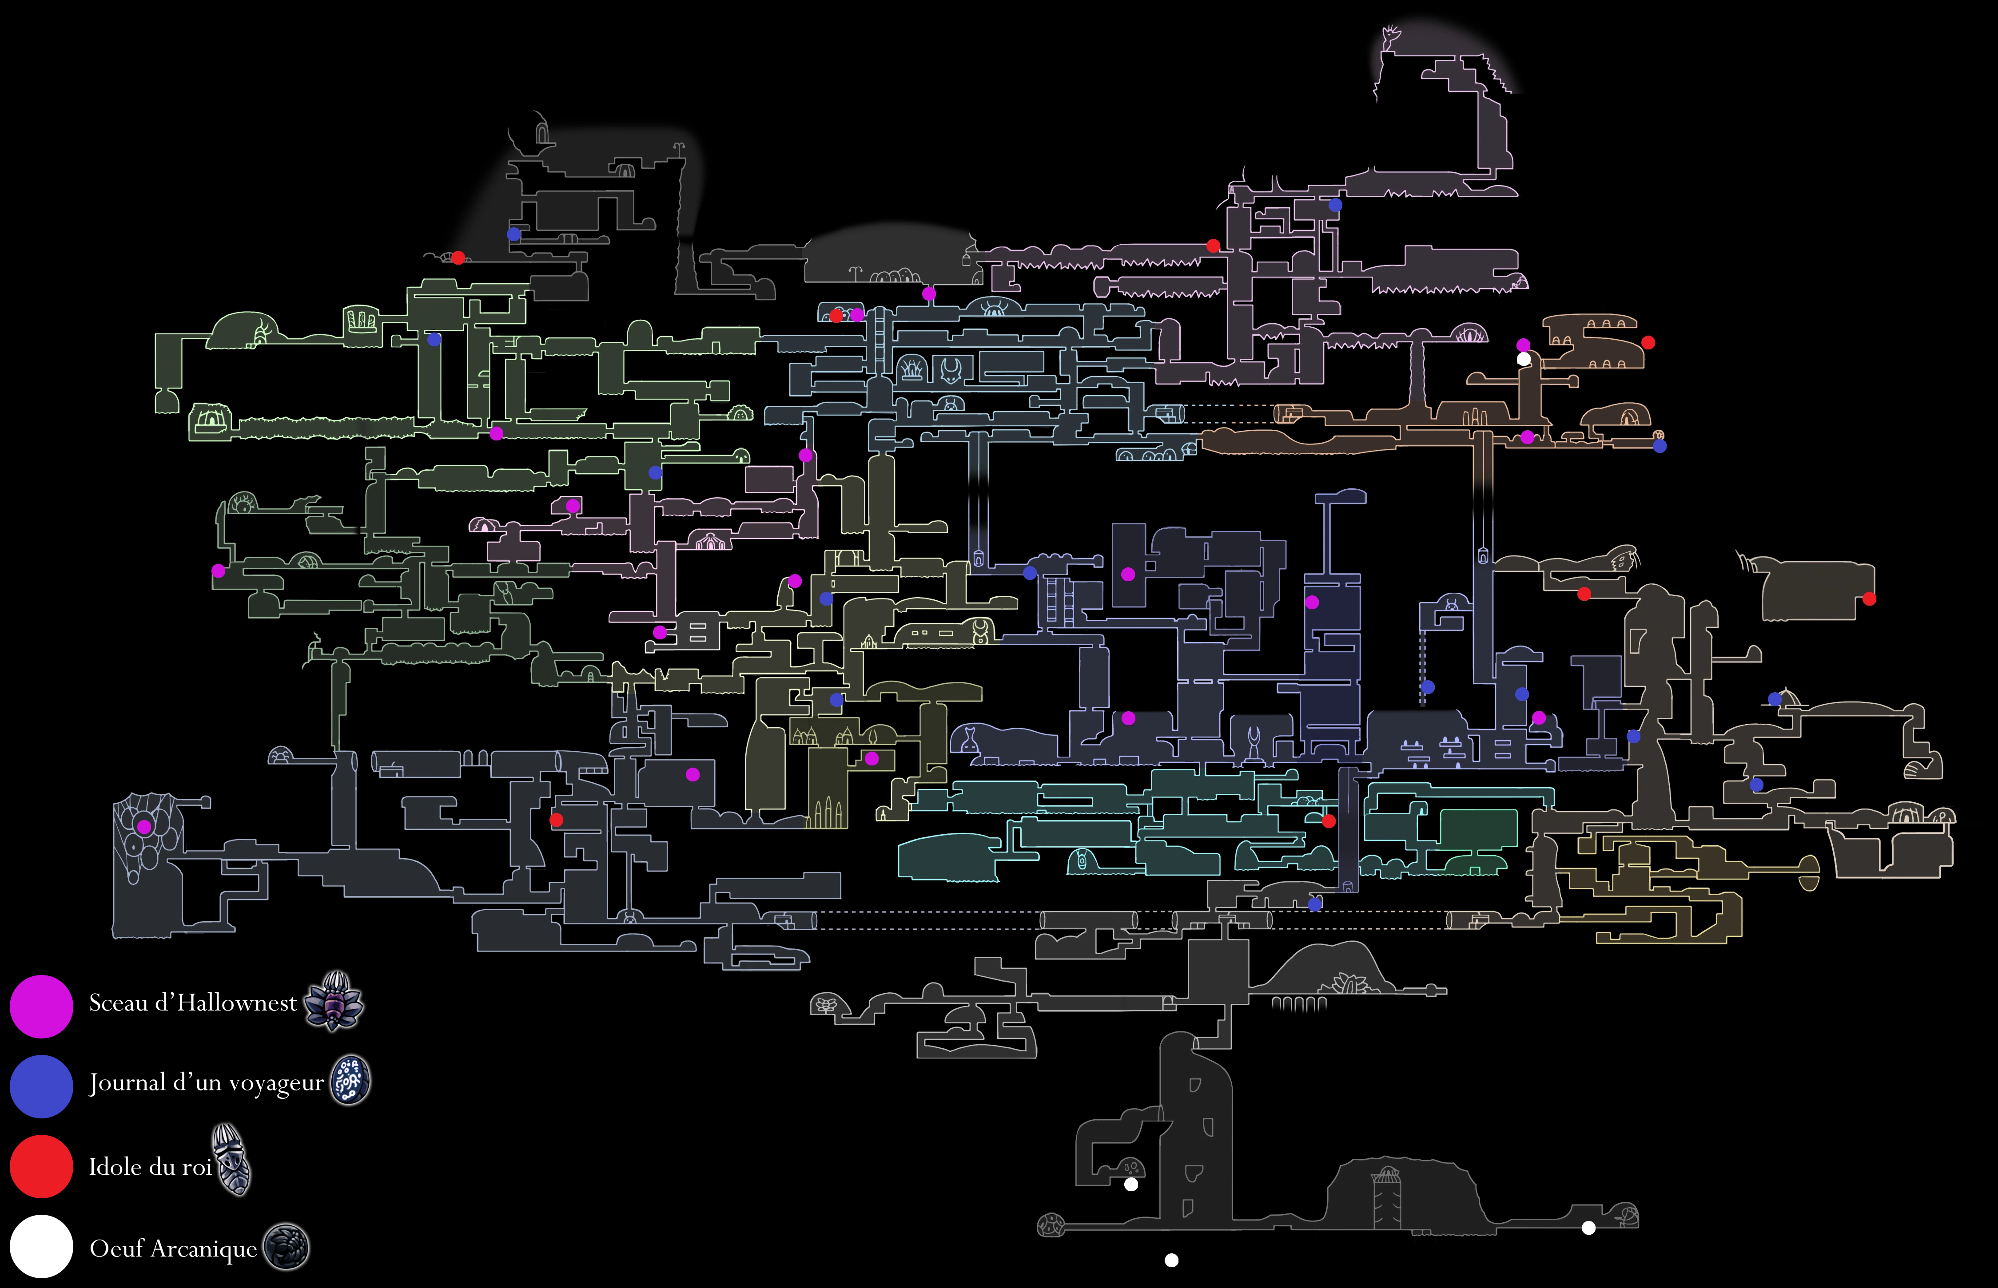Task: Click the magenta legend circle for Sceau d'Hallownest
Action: tap(41, 1006)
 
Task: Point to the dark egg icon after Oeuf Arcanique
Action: tap(286, 1247)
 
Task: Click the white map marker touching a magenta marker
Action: tap(1524, 359)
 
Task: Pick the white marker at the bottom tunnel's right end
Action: tap(1588, 1228)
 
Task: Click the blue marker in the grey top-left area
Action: tap(514, 234)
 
